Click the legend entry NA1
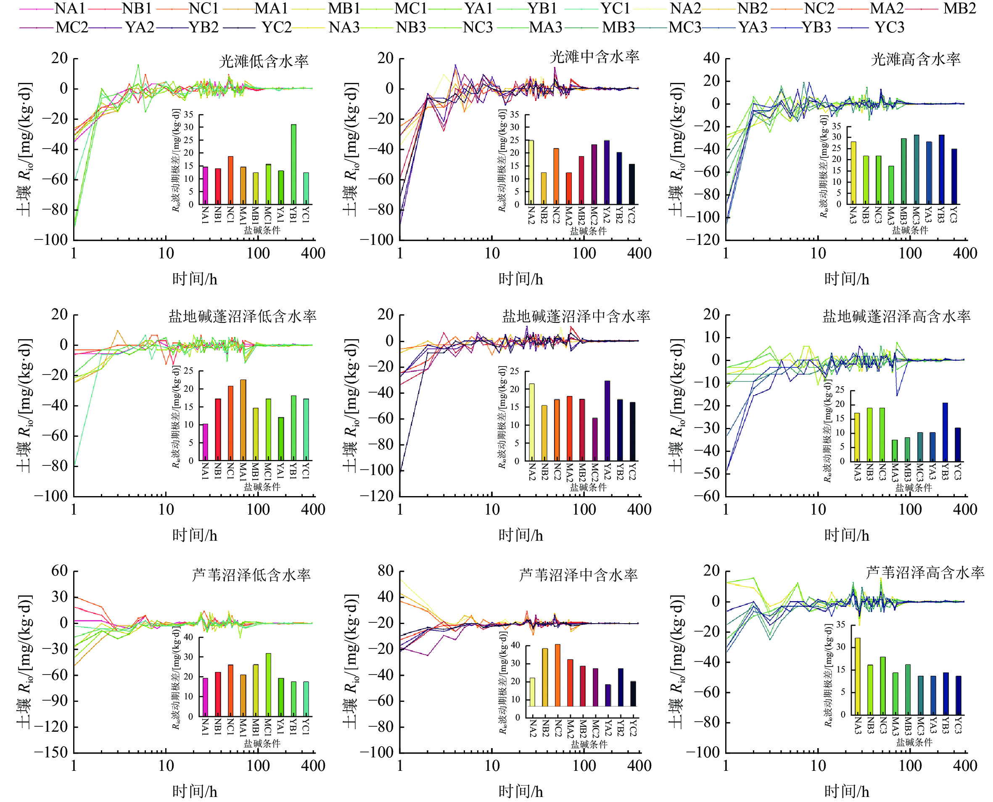69,8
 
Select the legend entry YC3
889,28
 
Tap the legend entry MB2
959,8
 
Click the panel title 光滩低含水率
264,61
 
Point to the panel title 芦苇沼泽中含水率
578,575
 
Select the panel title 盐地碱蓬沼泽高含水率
896,316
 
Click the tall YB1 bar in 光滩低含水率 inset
293,164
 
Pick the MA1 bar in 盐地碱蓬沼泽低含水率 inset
243,420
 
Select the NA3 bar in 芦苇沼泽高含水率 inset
858,676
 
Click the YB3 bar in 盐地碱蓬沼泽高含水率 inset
945,432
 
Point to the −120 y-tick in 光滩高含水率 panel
702,240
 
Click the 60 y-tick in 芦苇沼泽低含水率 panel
60,571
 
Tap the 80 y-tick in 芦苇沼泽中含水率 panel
386,571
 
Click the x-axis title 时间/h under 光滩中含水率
520,279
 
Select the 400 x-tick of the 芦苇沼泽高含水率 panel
965,766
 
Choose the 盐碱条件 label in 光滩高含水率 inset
910,230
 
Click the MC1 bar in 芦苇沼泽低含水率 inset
268,685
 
